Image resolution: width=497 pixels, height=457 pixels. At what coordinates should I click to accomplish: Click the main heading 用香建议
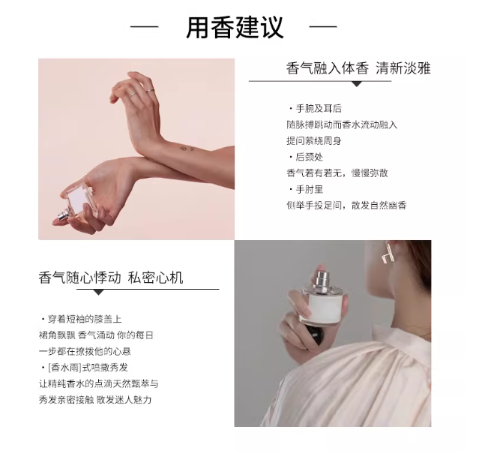(x=235, y=28)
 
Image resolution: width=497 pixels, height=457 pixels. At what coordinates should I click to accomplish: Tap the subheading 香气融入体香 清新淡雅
(x=358, y=68)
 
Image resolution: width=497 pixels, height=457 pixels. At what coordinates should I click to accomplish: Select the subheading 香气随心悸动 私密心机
(x=111, y=278)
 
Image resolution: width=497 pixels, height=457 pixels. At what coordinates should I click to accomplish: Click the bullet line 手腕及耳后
(x=316, y=109)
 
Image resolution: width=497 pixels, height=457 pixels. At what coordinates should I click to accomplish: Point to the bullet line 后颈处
(x=306, y=157)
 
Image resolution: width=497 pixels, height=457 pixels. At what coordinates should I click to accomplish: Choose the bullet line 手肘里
(x=306, y=189)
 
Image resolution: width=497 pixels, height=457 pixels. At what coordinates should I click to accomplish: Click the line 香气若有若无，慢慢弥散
(x=337, y=173)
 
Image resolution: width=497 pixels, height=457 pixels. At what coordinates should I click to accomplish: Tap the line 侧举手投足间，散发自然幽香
(x=346, y=206)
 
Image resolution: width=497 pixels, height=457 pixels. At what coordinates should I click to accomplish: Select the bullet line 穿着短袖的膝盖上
(x=82, y=319)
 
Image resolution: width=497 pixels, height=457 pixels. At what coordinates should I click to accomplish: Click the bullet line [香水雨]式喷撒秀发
(x=85, y=368)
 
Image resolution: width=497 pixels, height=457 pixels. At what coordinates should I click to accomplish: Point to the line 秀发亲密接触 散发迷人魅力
(x=95, y=399)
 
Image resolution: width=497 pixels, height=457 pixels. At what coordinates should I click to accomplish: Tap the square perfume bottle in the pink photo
(x=78, y=202)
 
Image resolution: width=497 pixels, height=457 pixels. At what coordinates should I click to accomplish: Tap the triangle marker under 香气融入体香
(x=358, y=84)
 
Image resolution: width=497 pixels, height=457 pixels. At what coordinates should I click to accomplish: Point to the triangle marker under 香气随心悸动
(x=99, y=293)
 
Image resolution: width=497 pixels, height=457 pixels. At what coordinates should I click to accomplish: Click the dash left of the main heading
(x=144, y=27)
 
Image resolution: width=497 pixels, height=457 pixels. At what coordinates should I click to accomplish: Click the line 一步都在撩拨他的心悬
(x=85, y=351)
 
